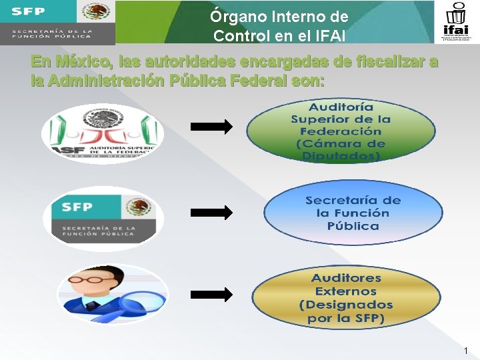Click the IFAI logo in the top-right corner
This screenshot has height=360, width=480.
[457, 22]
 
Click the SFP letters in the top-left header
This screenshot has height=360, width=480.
[28, 11]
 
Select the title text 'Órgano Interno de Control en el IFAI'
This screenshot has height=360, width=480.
[279, 25]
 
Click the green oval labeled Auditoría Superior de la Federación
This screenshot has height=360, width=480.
[341, 131]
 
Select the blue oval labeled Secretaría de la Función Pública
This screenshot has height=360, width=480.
[353, 213]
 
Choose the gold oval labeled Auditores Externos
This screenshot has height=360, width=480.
[346, 298]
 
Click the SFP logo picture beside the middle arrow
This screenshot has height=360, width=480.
[102, 218]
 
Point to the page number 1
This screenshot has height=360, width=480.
[465, 351]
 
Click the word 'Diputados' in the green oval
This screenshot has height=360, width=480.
[341, 157]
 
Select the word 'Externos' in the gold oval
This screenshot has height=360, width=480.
[346, 291]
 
